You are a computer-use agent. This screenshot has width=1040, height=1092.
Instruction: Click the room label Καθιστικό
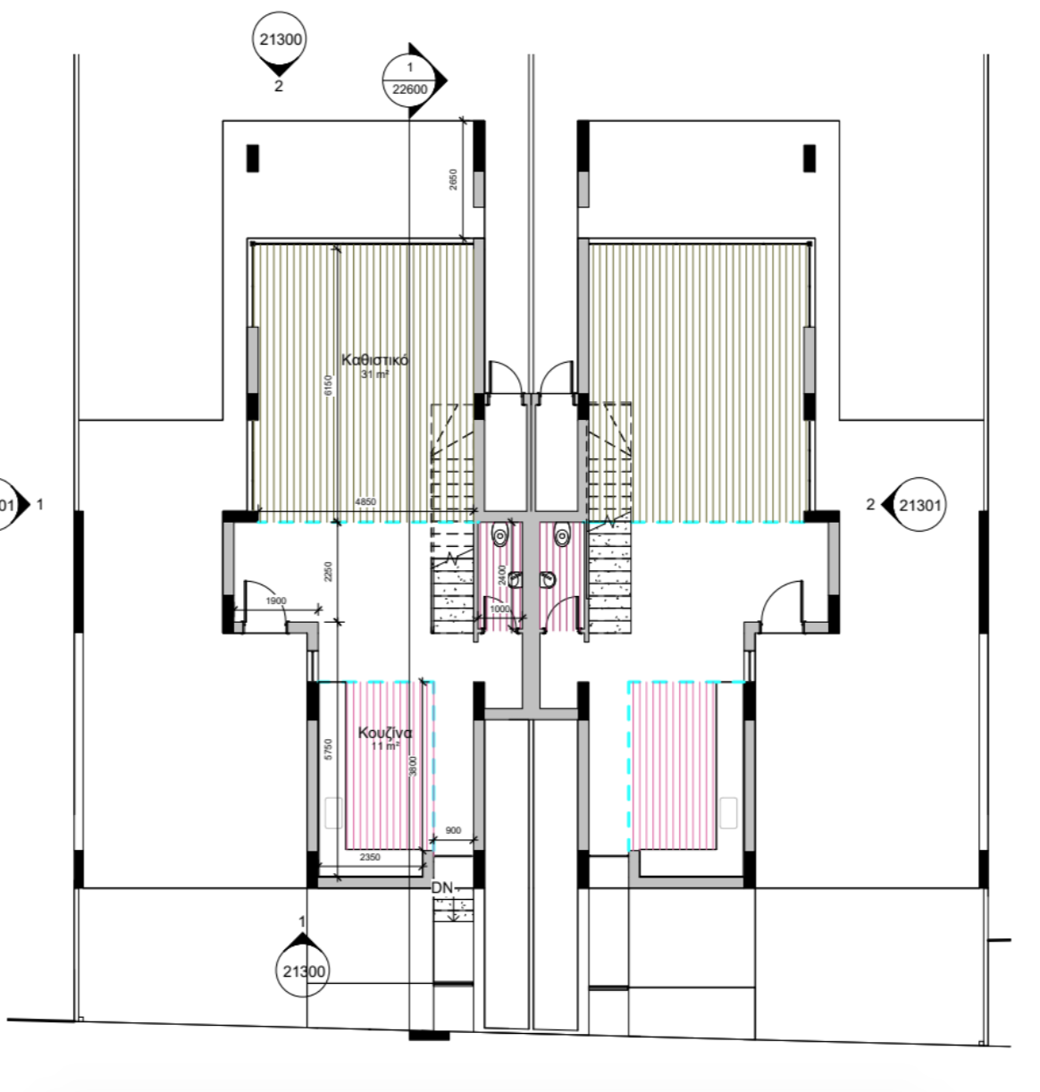pos(375,360)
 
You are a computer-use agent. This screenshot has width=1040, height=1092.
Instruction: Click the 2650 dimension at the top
pos(454,181)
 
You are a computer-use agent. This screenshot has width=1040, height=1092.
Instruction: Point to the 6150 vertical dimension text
pos(328,385)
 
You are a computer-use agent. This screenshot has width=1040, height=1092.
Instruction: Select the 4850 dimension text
pos(365,502)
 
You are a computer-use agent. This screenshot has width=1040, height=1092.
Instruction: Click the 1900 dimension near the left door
pos(276,601)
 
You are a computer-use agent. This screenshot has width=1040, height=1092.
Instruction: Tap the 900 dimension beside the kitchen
pos(453,830)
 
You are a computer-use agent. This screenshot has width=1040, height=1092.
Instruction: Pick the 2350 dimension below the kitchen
pos(370,857)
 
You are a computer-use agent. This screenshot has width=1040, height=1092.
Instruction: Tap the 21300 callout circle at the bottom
pos(304,972)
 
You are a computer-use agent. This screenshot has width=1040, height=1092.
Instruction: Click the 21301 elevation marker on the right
pos(920,505)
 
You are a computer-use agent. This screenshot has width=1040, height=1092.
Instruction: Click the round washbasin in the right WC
pos(547,580)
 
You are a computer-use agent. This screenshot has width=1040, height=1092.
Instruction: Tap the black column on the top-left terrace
pos(253,158)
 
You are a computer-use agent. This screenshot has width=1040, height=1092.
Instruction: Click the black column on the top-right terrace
pos(809,158)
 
